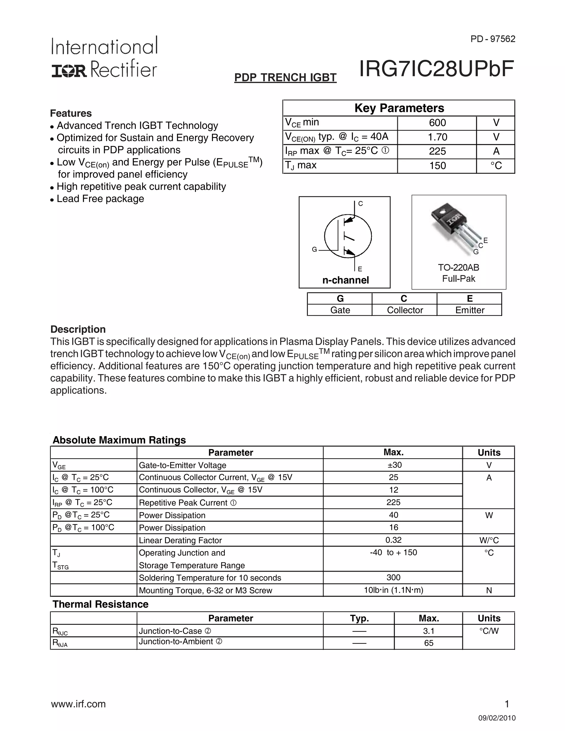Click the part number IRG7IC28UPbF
(436, 69)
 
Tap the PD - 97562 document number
(493, 39)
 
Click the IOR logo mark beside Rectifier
(69, 71)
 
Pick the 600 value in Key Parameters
(437, 123)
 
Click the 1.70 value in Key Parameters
(437, 137)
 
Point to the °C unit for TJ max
(496, 166)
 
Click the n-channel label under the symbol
(345, 280)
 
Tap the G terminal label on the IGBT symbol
(314, 249)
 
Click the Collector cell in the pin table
(405, 310)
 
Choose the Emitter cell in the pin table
(470, 310)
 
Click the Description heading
(78, 329)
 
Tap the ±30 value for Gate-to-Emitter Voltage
(393, 465)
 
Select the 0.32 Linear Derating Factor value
(393, 540)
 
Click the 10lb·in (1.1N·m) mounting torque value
(393, 590)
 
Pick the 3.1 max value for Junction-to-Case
(428, 631)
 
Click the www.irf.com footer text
(78, 704)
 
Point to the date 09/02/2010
(497, 718)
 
